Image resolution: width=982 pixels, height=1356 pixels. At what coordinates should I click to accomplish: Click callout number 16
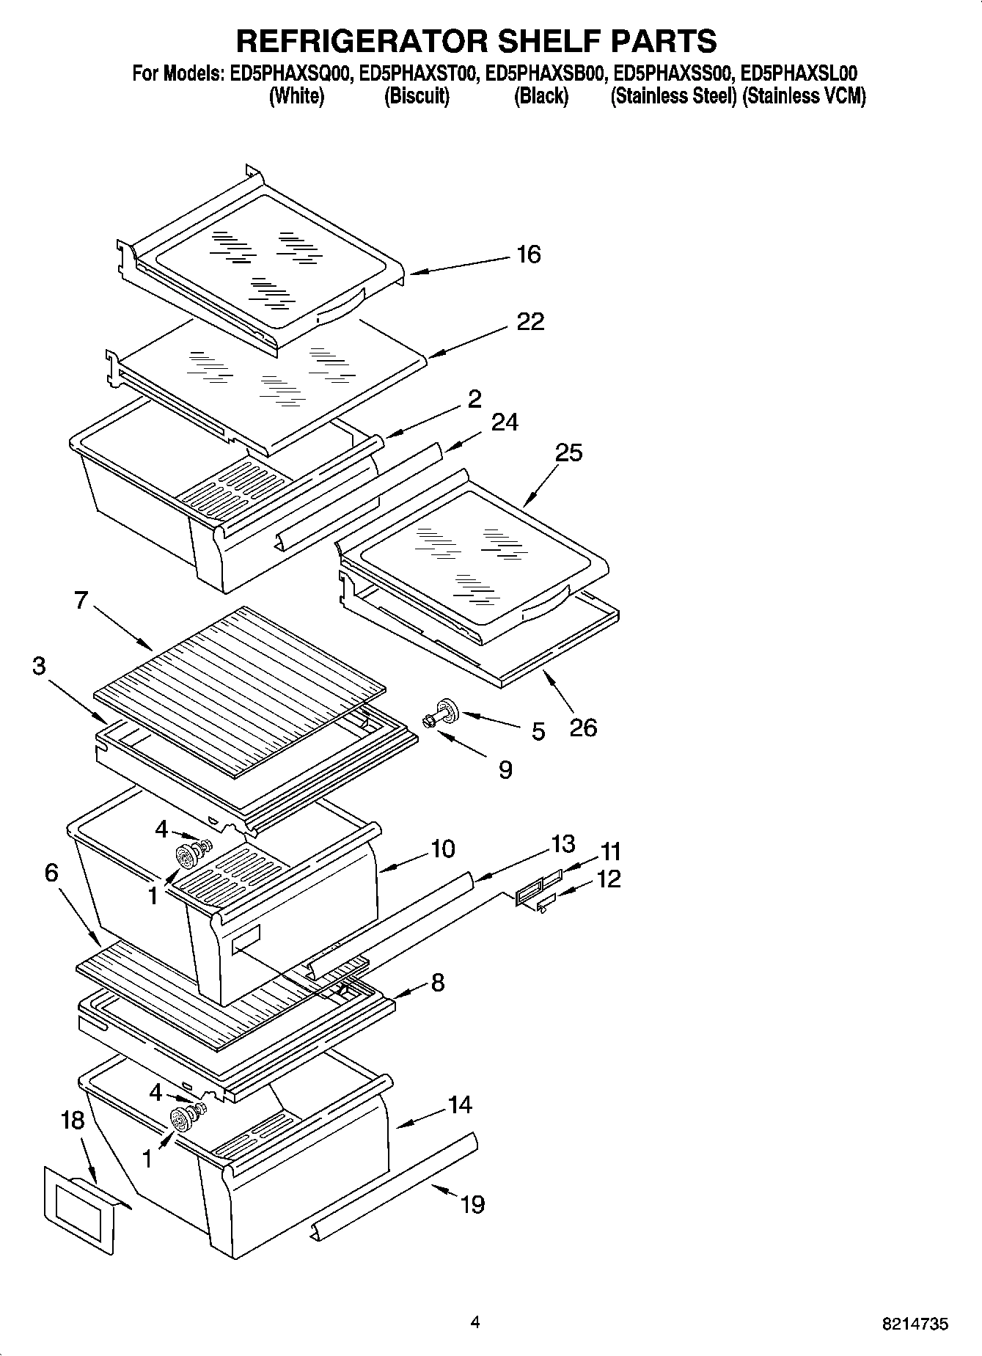(528, 254)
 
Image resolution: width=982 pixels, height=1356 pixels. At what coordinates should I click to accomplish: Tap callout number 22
(530, 321)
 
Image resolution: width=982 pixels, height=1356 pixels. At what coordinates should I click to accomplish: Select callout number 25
(568, 452)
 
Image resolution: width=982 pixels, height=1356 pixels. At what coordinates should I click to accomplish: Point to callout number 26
(583, 728)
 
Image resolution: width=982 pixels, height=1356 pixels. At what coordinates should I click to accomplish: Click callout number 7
(81, 600)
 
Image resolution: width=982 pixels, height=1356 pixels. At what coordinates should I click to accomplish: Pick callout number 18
(73, 1121)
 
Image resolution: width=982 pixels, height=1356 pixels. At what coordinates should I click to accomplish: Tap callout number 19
(473, 1204)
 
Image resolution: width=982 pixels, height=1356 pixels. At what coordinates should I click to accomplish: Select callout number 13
(563, 844)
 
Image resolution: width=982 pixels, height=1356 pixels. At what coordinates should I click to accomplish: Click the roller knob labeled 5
(444, 710)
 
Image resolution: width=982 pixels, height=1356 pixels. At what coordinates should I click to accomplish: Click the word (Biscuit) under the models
(417, 96)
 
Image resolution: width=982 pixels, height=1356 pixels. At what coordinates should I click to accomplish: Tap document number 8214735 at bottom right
(915, 1324)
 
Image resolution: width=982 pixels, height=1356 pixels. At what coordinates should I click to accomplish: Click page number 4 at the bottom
(475, 1323)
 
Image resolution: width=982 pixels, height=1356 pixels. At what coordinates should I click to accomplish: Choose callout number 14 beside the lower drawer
(460, 1104)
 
